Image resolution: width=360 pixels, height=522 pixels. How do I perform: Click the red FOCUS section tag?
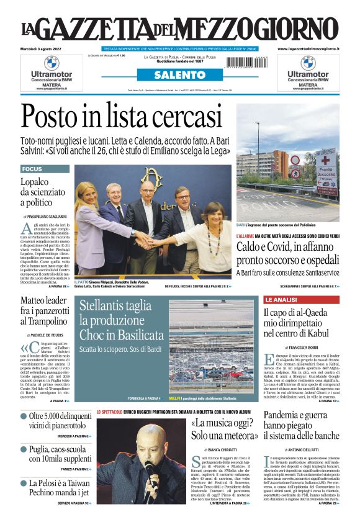pyautogui.click(x=32, y=169)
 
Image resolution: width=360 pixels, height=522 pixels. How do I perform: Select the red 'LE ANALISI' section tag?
pyautogui.click(x=282, y=299)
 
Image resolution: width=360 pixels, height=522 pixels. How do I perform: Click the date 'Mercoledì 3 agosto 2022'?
pyautogui.click(x=43, y=48)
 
